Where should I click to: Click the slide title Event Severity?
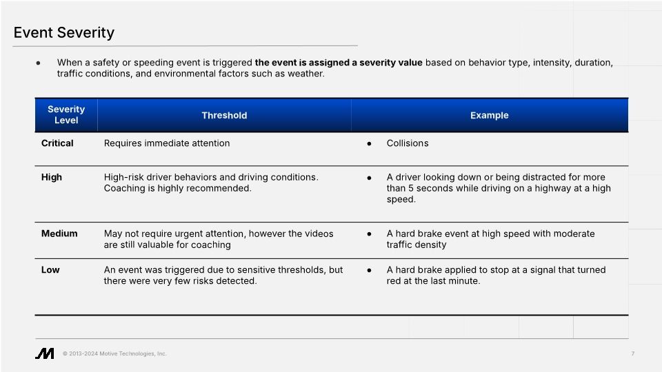point(64,32)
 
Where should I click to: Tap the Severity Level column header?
point(66,115)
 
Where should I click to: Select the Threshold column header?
point(224,116)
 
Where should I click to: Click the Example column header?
point(489,116)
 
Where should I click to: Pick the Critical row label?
point(57,143)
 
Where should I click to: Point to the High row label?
point(52,177)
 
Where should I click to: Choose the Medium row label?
point(59,234)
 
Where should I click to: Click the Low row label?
point(50,270)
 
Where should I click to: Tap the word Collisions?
point(408,143)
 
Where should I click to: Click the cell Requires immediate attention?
point(167,143)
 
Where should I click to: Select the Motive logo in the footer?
point(45,353)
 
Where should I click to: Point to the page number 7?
point(632,354)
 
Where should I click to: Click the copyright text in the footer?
point(114,354)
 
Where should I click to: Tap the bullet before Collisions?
point(370,144)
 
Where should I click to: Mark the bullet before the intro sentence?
point(39,63)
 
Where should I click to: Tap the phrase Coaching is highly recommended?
point(177,188)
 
